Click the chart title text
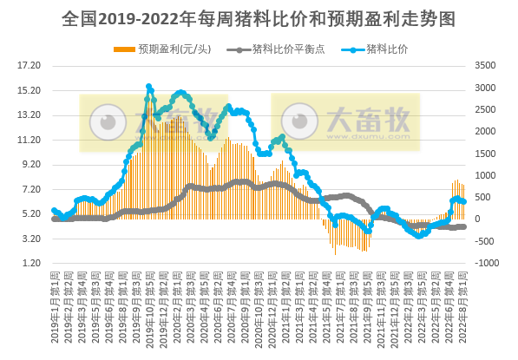click(x=259, y=17)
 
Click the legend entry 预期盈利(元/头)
click(x=171, y=49)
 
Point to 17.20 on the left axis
click(x=30, y=65)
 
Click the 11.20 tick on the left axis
click(x=30, y=140)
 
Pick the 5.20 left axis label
click(x=30, y=213)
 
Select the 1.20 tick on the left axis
click(x=30, y=263)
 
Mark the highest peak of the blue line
click(x=148, y=87)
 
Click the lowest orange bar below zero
click(x=336, y=252)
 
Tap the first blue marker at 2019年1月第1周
click(x=54, y=210)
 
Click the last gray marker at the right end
click(x=464, y=226)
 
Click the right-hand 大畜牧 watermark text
click(x=368, y=121)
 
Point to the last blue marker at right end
click(x=464, y=201)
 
